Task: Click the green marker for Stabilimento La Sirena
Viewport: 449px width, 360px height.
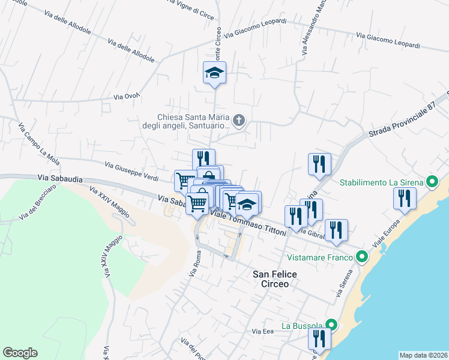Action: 431,182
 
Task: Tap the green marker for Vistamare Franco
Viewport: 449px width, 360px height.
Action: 361,257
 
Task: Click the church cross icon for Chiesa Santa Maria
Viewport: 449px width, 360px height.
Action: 239,121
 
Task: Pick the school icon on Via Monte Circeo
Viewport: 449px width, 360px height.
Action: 214,73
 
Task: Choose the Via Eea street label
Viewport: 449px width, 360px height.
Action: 263,331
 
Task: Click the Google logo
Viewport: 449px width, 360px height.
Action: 20,353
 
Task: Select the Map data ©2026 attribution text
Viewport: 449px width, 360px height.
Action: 423,355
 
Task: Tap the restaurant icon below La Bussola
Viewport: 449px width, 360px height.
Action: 319,339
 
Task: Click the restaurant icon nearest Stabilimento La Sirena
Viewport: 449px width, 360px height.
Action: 405,199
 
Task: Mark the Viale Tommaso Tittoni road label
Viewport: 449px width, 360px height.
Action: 249,224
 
